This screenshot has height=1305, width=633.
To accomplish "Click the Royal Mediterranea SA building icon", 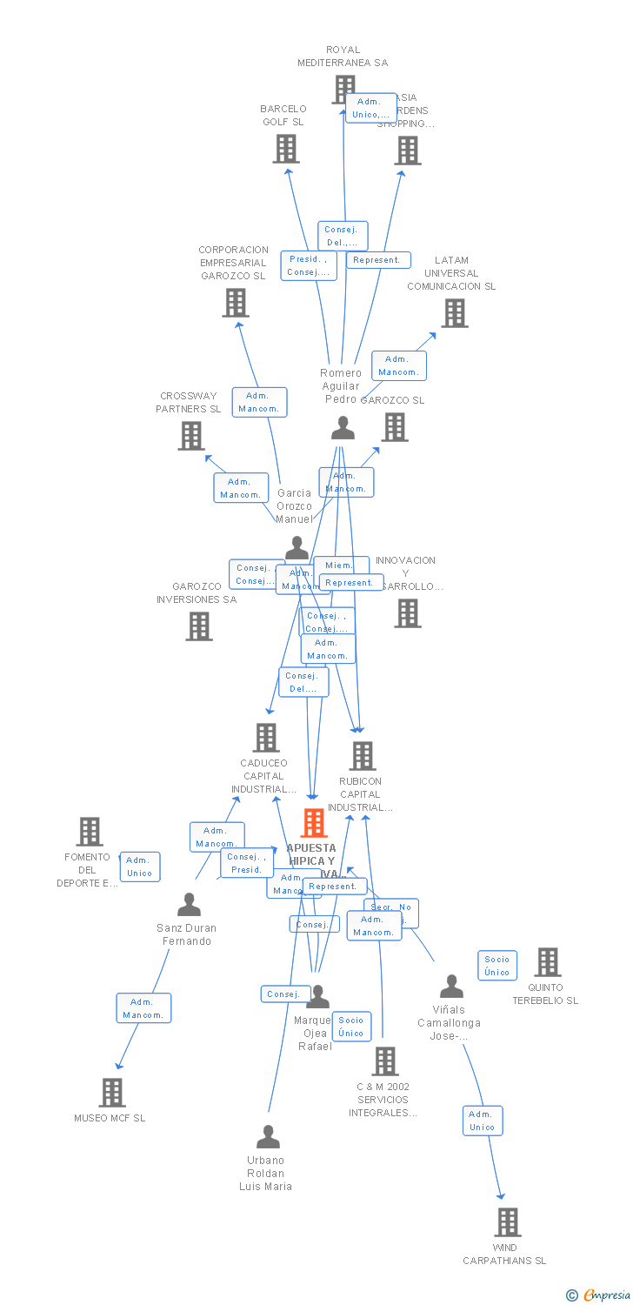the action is (343, 89).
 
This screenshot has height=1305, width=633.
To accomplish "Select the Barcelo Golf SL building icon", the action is (286, 149).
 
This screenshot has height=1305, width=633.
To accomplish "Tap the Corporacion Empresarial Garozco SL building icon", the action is (236, 303).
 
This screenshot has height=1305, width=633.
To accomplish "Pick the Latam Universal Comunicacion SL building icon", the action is (454, 313).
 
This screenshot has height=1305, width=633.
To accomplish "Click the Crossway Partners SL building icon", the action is (191, 436).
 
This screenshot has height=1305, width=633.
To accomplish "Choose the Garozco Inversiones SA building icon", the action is (199, 626).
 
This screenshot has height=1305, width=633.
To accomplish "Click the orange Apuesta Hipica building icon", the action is (314, 823).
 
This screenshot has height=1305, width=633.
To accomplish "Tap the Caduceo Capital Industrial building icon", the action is (266, 738).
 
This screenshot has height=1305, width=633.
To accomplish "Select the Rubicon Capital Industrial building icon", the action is (363, 756).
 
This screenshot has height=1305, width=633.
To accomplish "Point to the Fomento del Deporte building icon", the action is (90, 832).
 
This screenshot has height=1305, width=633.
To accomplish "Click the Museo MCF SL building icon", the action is (112, 1093).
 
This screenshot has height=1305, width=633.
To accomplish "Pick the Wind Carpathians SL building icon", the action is (508, 1222).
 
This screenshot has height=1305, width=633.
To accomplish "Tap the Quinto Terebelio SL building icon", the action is (548, 962).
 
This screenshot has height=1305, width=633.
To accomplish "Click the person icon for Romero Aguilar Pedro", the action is (343, 428).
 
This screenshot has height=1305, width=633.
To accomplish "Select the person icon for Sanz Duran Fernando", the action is (189, 906).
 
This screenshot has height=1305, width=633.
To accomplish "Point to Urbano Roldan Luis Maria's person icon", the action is (268, 1137).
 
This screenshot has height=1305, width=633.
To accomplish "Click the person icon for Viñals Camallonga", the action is (451, 987).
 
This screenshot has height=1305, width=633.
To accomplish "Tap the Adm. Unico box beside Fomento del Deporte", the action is (140, 867).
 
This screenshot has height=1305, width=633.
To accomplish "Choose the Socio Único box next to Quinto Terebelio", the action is (497, 966).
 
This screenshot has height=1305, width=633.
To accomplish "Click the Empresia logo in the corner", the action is (599, 1295).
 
